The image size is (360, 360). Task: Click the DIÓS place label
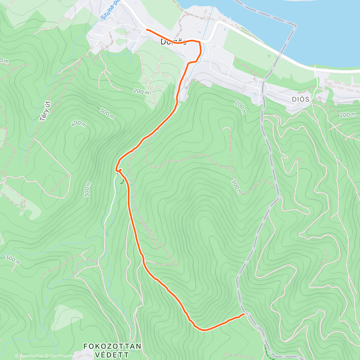tap(300, 99)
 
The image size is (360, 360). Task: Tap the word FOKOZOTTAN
tap(112, 346)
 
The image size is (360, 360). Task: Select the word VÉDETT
tap(112, 355)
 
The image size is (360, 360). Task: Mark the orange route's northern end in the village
tap(146, 29)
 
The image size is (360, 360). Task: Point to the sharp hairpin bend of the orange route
tap(117, 170)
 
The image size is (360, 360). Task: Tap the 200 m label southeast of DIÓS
tap(348, 115)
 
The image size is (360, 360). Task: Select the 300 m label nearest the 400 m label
tap(106, 114)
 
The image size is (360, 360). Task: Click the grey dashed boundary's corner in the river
tap(295, 26)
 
